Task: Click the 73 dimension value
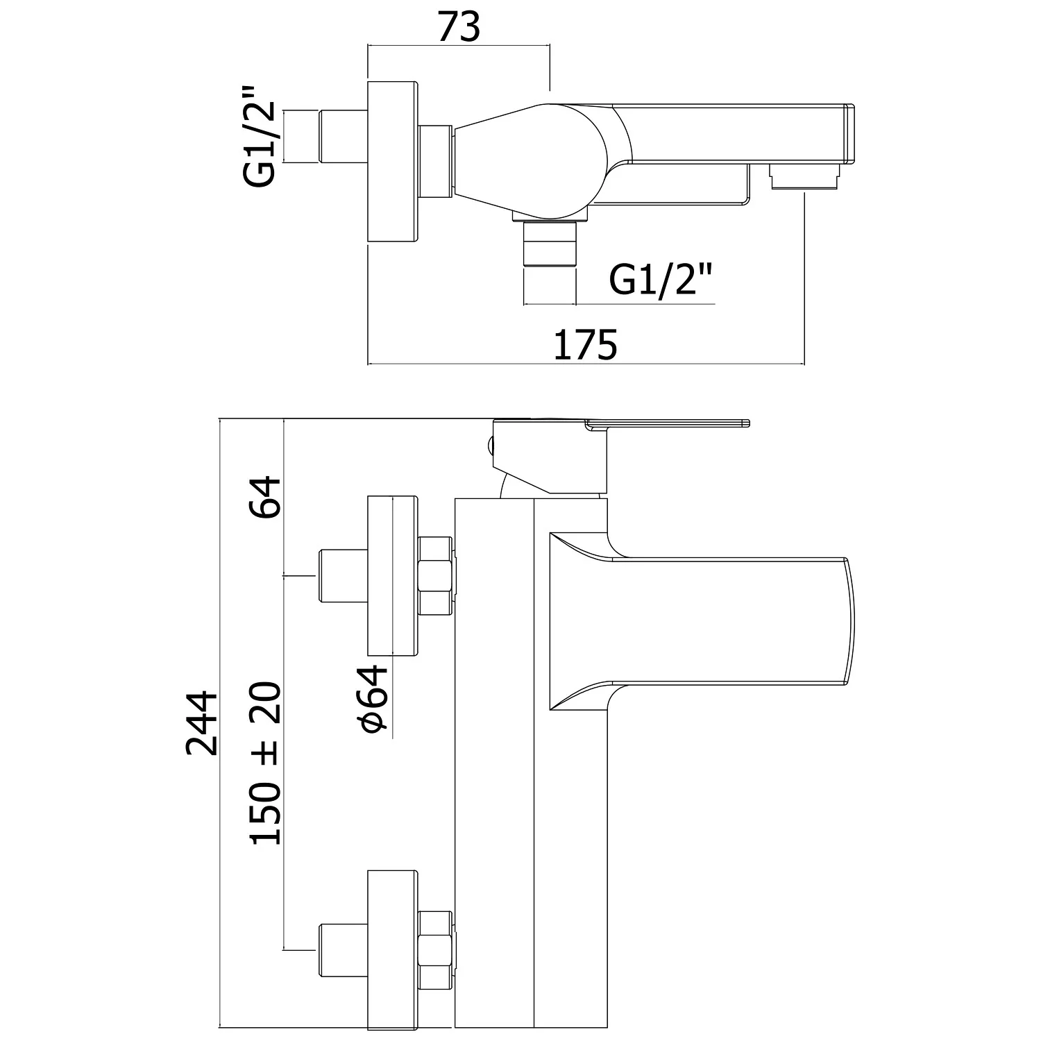click(459, 28)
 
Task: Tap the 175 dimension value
click(585, 345)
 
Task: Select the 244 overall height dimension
click(203, 722)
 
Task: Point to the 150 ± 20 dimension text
click(267, 763)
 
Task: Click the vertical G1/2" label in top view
click(260, 137)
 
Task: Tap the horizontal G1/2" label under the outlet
click(661, 281)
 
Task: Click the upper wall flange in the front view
click(393, 575)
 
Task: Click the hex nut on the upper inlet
click(437, 575)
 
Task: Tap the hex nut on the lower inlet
click(437, 948)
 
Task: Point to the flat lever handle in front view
click(666, 422)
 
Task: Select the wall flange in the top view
click(393, 163)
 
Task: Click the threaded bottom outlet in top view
click(550, 246)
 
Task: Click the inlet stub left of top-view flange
click(343, 137)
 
